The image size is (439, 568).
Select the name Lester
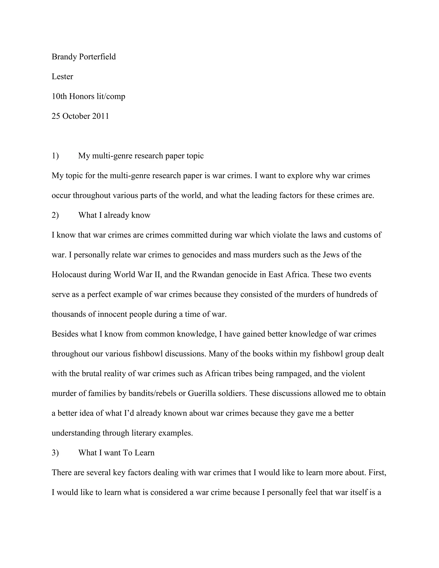62,77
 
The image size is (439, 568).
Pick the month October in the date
77,116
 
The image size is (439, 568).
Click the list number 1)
55,156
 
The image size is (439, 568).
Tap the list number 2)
55,215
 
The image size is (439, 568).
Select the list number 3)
55,453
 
